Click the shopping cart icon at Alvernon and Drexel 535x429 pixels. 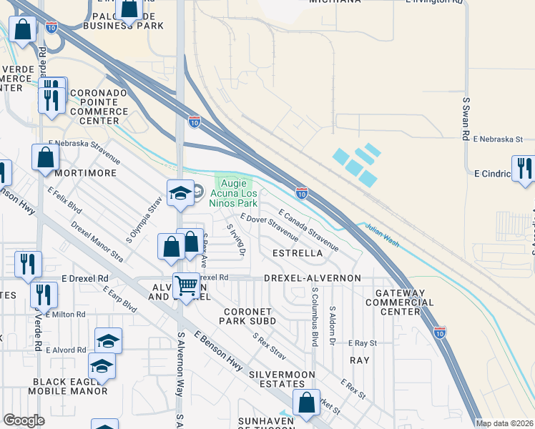(x=186, y=285)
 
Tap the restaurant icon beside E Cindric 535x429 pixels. (x=524, y=169)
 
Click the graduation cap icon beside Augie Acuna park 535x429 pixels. (x=180, y=192)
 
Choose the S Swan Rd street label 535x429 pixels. (x=465, y=119)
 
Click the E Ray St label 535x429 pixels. (x=362, y=344)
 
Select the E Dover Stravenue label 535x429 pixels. (x=270, y=227)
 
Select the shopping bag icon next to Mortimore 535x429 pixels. (x=44, y=158)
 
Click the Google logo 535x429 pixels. (x=24, y=420)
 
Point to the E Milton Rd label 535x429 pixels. (x=65, y=314)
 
